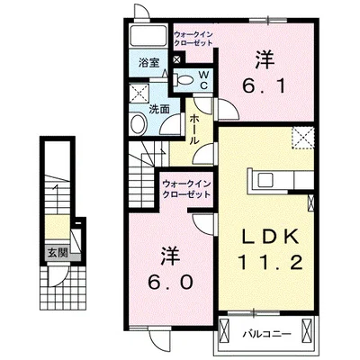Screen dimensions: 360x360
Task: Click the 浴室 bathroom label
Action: (149, 62)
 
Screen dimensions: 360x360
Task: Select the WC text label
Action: (203, 78)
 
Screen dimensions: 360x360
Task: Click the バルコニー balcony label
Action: (265, 334)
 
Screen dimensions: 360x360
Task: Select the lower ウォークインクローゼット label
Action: (187, 189)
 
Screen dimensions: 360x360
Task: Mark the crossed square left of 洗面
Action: (139, 94)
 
